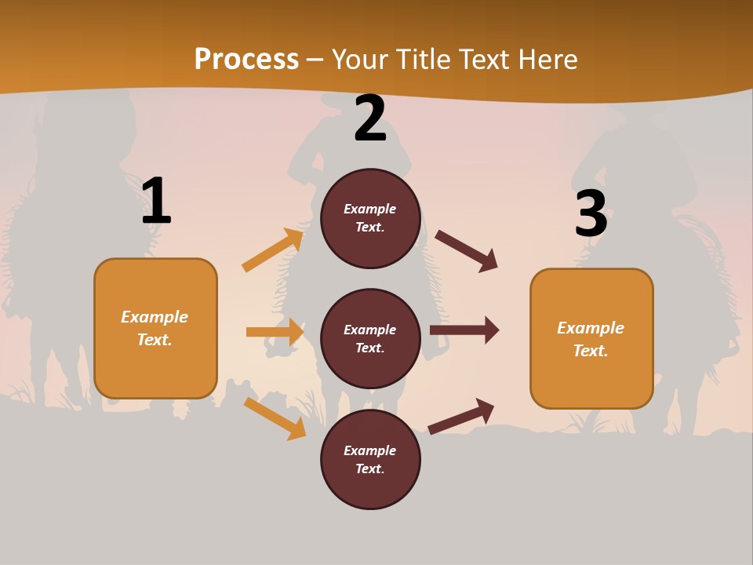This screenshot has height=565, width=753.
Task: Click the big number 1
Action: [x=156, y=202]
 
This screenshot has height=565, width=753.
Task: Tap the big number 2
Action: [x=370, y=119]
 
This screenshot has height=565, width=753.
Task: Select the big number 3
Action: [x=591, y=214]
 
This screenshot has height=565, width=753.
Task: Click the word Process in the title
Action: [x=246, y=59]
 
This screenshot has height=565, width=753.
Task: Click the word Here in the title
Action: [x=548, y=59]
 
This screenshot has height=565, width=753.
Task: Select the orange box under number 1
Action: [x=155, y=328]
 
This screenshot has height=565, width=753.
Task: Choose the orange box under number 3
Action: [x=591, y=339]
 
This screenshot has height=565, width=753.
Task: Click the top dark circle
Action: [x=370, y=218]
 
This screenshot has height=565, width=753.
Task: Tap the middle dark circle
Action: [x=370, y=339]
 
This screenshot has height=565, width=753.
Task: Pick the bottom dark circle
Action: [x=370, y=460]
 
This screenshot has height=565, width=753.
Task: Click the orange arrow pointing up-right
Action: [x=273, y=250]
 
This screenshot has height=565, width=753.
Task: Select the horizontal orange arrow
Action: [x=275, y=332]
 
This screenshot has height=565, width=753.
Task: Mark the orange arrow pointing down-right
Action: [x=275, y=418]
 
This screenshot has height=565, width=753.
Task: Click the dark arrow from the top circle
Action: [x=467, y=251]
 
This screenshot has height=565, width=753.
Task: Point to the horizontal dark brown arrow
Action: [x=464, y=330]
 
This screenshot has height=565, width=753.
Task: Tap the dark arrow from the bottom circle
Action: [x=461, y=417]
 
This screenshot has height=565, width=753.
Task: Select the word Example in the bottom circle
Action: [x=370, y=450]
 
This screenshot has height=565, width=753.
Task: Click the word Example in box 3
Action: [x=591, y=328]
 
